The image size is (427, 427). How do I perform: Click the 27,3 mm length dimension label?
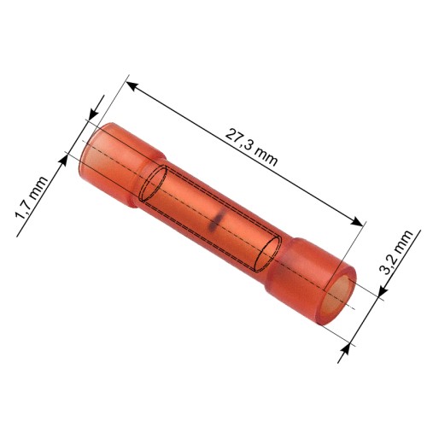click(x=251, y=148)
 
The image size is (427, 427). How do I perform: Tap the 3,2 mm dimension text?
click(x=396, y=253)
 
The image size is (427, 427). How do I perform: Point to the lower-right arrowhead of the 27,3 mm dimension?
click(x=357, y=221)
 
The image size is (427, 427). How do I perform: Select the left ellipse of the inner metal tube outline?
click(x=154, y=184)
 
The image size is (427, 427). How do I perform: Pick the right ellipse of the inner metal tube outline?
click(x=267, y=254)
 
